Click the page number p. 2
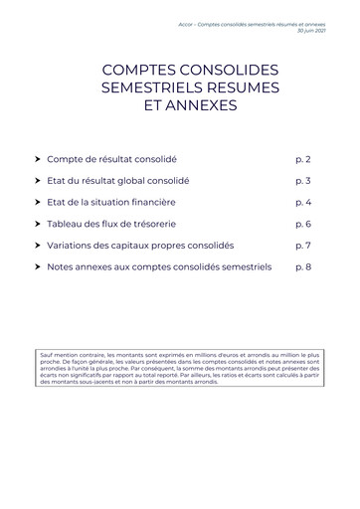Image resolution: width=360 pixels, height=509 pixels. click(303, 159)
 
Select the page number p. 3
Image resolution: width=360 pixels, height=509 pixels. click(303, 181)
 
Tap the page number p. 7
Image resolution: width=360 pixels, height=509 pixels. click(303, 245)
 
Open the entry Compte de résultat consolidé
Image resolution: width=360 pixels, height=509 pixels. click(112, 159)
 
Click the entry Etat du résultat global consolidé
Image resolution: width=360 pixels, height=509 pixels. click(117, 181)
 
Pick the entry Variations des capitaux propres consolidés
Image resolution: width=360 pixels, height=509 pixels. click(140, 245)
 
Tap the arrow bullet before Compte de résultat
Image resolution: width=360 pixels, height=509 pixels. click(38, 159)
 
